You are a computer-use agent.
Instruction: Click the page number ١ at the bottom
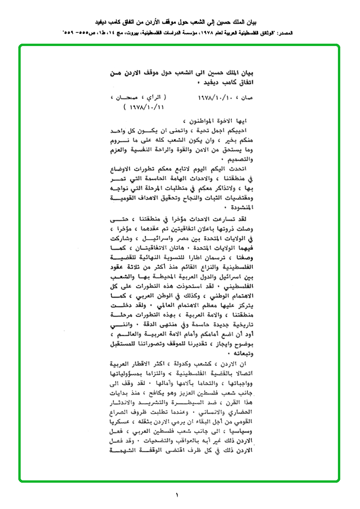(x=177, y=494)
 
